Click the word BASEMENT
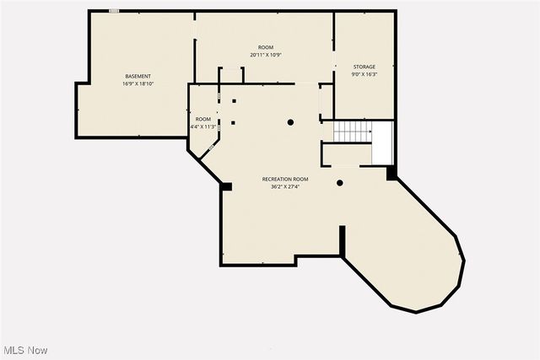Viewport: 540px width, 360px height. point(138,77)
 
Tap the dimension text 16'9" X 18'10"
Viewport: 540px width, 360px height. point(138,84)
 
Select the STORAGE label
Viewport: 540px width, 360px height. point(364,67)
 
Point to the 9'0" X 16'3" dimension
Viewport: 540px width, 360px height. point(364,74)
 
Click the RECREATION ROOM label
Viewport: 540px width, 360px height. point(285,180)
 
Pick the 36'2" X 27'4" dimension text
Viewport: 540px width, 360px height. point(285,187)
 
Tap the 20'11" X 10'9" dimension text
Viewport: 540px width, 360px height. point(266,55)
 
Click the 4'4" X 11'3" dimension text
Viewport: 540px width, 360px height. point(203,126)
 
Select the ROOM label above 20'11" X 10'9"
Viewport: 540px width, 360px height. point(266,47)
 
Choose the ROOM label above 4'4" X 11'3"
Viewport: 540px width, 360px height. point(203,119)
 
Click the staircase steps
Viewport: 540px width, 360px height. point(352,132)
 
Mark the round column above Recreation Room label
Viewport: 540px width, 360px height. point(290,122)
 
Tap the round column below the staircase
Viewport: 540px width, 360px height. point(340,183)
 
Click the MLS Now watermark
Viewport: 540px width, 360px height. point(24,350)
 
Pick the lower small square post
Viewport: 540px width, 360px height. point(234,123)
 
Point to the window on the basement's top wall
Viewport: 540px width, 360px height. point(114,11)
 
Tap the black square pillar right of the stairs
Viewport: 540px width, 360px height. point(391,174)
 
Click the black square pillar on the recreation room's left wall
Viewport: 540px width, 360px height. point(226,186)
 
